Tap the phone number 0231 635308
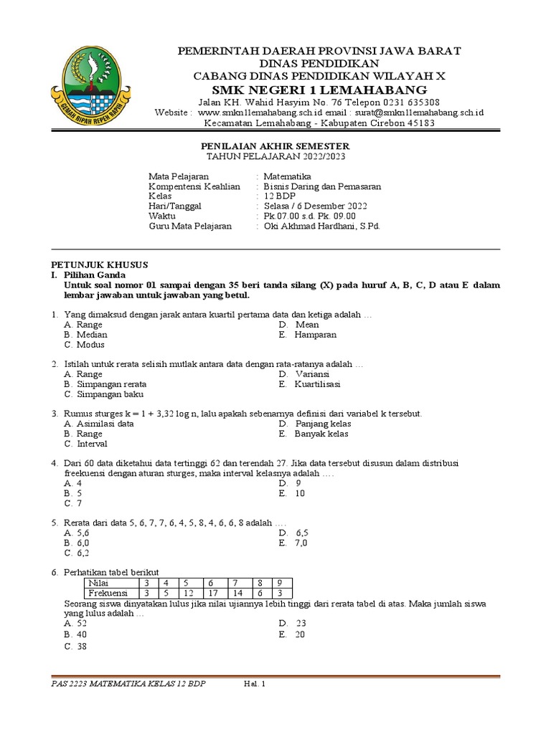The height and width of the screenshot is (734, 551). click(407, 103)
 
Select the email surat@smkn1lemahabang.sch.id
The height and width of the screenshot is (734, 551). click(418, 113)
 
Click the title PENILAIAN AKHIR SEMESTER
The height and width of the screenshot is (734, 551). click(273, 146)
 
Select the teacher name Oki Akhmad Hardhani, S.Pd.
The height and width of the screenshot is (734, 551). click(321, 226)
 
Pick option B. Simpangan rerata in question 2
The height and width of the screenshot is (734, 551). click(105, 384)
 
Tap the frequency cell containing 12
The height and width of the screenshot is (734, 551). click(189, 594)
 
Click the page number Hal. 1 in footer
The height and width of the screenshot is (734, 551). click(255, 684)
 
